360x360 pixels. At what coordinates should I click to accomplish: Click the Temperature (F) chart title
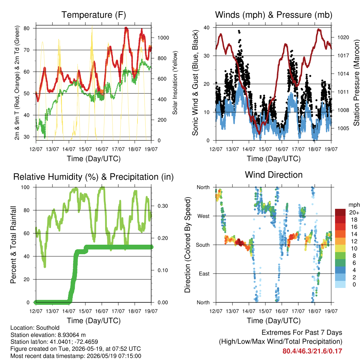point(94,15)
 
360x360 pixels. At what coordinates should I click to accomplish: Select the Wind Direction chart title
point(274,175)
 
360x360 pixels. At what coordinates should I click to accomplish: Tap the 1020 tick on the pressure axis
point(343,37)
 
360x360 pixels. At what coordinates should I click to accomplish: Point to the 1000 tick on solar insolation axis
point(163,38)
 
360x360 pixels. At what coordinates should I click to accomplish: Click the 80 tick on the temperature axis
point(26,28)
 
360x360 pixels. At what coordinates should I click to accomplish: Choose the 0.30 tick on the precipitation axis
point(163,206)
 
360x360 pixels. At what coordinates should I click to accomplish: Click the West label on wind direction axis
point(204,216)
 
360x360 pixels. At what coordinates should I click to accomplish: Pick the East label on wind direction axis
point(204,274)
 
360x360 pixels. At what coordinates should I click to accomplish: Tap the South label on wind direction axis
point(203,245)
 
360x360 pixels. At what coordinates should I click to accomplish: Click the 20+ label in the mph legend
point(354,212)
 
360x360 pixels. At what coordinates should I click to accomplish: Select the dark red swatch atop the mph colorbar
point(340,212)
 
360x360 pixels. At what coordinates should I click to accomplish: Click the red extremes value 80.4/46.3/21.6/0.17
point(312,351)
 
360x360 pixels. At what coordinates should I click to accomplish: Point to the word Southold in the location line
point(48,328)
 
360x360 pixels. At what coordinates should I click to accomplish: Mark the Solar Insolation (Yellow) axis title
point(175,83)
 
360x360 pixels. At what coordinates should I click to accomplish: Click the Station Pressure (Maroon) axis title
point(356,83)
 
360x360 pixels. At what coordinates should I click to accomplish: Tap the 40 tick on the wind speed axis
point(206,27)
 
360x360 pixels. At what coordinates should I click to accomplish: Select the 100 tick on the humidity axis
point(25,187)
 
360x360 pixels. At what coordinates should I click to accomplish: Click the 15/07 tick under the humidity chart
point(85,311)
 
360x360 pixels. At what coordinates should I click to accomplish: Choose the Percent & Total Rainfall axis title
point(13,245)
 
